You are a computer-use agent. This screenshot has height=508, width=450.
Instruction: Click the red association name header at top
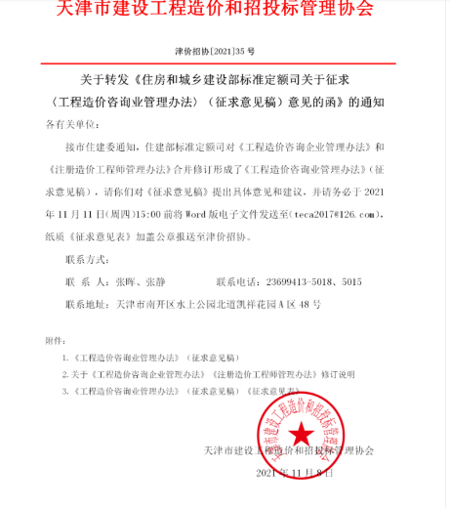click(x=224, y=11)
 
